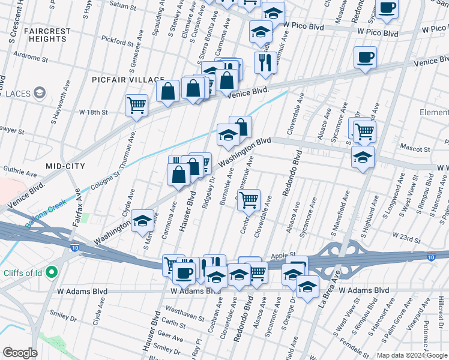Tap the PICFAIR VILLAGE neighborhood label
click(128, 80)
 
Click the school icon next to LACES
click(40, 93)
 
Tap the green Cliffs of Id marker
click(51, 274)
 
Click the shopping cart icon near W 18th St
click(137, 105)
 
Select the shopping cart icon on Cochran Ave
click(249, 199)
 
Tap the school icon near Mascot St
click(363, 157)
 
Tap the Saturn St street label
click(123, 5)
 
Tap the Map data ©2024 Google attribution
click(411, 355)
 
